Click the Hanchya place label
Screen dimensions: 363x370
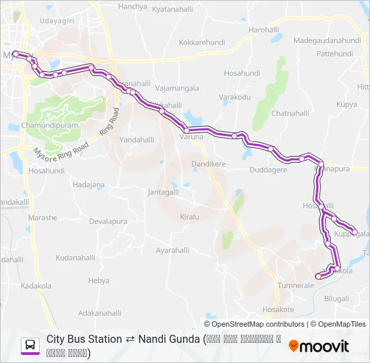133,7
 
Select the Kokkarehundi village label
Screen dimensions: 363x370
201,42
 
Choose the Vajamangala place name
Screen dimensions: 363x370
176,88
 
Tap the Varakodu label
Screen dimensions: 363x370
235,97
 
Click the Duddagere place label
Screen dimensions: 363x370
268,171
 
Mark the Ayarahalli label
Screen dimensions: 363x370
172,250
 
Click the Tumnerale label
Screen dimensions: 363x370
296,286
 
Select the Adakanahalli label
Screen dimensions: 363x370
100,313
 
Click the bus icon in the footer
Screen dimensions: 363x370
31,346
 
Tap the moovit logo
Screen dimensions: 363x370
319,346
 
